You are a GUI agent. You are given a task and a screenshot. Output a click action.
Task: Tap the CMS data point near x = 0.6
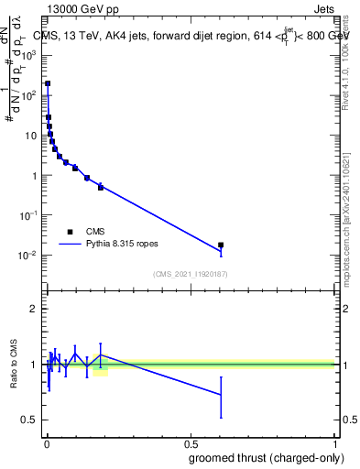pos(221,245)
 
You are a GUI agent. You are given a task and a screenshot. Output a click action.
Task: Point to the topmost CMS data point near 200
pos(48,83)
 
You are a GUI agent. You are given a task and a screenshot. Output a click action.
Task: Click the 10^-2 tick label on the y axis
pos(28,255)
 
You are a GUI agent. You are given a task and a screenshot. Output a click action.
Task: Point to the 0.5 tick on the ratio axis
pos(29,420)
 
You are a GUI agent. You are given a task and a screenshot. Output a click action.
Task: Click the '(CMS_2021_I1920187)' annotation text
pos(190,274)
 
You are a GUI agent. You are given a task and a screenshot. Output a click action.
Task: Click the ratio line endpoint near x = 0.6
pos(221,395)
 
